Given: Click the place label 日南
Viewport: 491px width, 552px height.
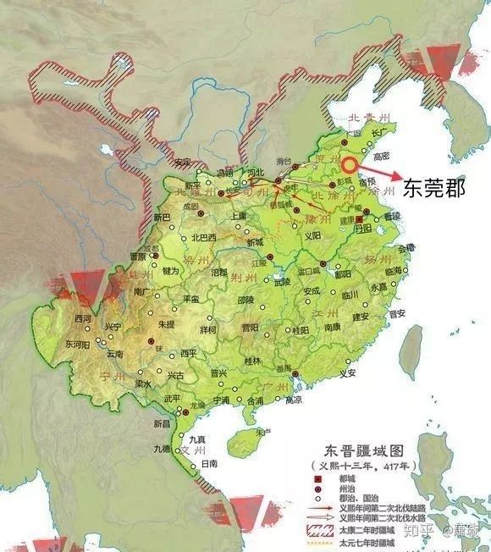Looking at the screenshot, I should tap(211, 464).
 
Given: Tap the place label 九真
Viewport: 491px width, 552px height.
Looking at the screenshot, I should tap(197, 438).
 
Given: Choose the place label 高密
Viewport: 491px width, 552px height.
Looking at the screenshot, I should tap(382, 155).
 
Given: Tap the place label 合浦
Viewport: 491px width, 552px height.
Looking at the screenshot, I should tap(255, 399).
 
